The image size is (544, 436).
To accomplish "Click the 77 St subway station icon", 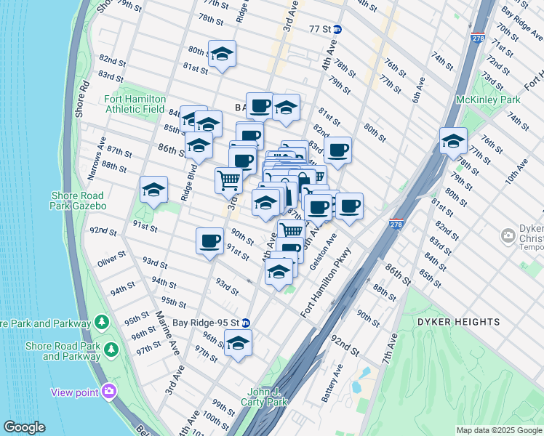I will point(348,30).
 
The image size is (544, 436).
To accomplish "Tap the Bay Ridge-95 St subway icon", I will point(246,323).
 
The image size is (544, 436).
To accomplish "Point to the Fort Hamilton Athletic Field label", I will point(135,104).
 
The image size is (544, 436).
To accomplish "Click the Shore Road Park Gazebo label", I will point(79,201).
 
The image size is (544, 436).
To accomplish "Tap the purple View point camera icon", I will point(109,392).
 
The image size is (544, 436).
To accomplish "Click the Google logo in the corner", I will point(24,427).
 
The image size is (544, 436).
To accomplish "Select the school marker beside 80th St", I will point(222,54).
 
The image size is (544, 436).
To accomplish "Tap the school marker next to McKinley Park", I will point(453,141).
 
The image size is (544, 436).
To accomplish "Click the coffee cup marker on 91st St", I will point(210,241).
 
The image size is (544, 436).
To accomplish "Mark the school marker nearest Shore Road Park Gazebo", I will point(153,190).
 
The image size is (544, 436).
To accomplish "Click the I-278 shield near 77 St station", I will point(477,38).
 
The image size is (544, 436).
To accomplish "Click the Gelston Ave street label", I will point(324,251).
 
